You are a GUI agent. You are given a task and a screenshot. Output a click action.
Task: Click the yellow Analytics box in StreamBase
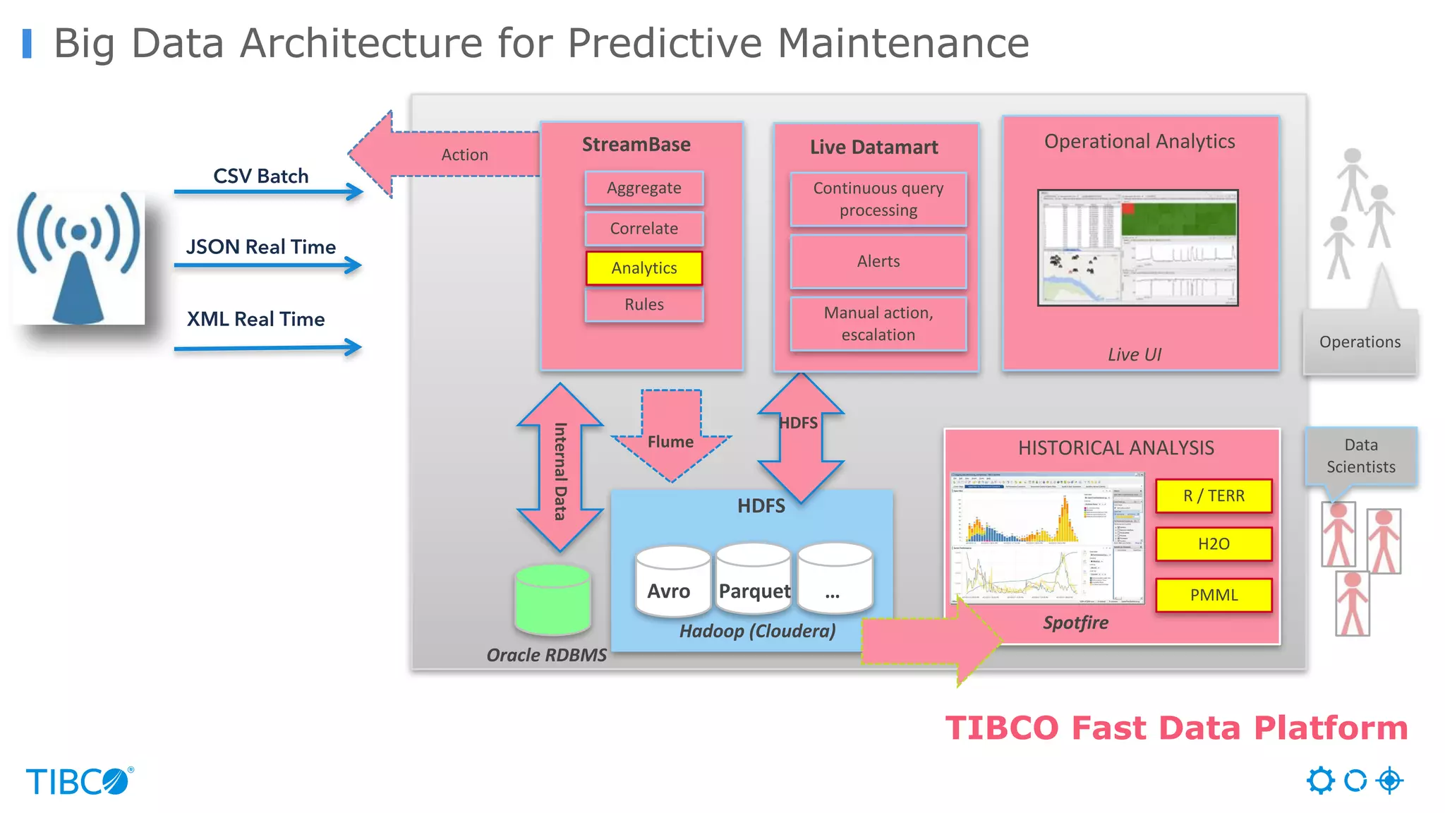coord(644,268)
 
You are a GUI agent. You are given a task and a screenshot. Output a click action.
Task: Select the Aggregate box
coord(644,188)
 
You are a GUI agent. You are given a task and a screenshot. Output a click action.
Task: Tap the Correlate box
coord(644,229)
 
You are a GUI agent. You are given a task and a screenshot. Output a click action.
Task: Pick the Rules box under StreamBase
coord(644,305)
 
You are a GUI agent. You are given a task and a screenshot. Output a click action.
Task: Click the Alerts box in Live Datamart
coord(878,262)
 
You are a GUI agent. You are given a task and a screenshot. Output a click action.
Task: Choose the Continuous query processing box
coord(878,199)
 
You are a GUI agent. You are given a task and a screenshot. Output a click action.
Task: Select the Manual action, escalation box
coord(878,324)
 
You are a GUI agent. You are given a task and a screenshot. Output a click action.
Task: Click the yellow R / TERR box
coord(1214,496)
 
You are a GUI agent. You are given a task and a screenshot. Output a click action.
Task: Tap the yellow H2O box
coord(1214,544)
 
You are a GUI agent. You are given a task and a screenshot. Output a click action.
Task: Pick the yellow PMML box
coord(1214,595)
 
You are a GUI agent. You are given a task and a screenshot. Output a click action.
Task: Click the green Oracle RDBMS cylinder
coord(552,600)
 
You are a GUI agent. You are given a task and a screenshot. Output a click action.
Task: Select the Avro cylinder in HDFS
coord(672,582)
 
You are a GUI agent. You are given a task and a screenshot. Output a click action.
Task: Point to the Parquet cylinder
coord(754,582)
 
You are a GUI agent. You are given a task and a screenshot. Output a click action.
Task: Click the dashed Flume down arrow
coord(671,438)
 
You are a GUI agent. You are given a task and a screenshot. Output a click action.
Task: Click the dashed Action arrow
coord(452,155)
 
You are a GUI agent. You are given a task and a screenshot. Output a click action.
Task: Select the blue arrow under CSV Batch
coord(268,191)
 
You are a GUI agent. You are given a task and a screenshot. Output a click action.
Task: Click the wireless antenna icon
coord(79,258)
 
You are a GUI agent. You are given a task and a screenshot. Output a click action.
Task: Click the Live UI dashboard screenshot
coord(1137,248)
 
